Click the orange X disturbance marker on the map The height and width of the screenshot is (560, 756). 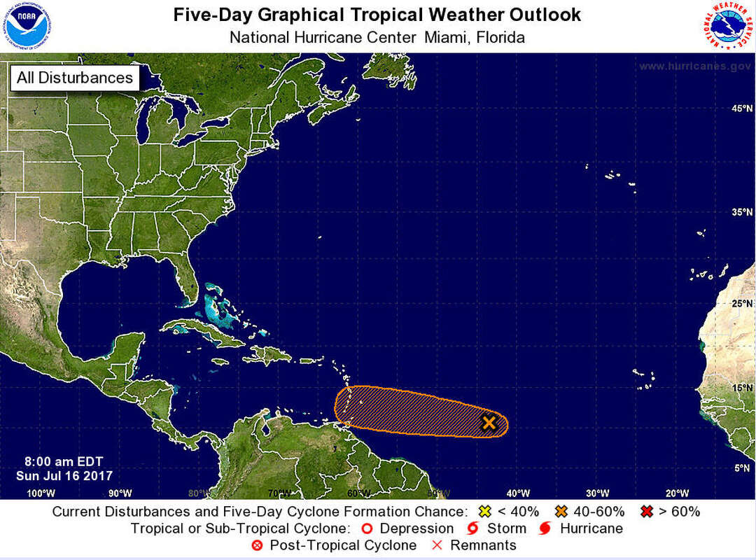489,422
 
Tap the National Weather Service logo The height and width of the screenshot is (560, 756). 728,26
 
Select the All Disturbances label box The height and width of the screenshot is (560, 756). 74,78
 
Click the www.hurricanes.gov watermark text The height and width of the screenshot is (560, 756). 694,66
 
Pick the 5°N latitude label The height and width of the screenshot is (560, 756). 743,468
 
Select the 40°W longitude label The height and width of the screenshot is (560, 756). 519,493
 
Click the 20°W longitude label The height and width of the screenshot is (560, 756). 677,493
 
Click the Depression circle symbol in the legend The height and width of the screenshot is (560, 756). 365,528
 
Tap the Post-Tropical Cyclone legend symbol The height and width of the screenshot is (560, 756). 257,545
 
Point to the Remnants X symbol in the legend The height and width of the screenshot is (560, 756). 437,545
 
